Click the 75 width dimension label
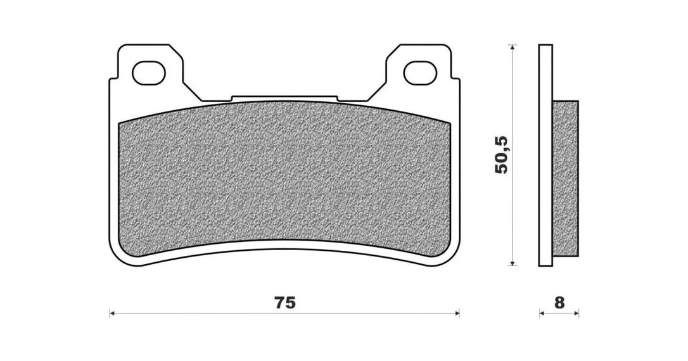[285, 303]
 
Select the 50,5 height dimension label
[501, 155]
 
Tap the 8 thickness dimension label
[559, 303]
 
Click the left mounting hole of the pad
[149, 73]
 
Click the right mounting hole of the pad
[421, 73]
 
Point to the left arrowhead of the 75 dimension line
[112, 313]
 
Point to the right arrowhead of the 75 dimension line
[457, 313]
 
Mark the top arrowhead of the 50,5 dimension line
[512, 47]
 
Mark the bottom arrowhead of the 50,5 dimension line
[512, 263]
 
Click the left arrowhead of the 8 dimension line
[542, 313]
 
